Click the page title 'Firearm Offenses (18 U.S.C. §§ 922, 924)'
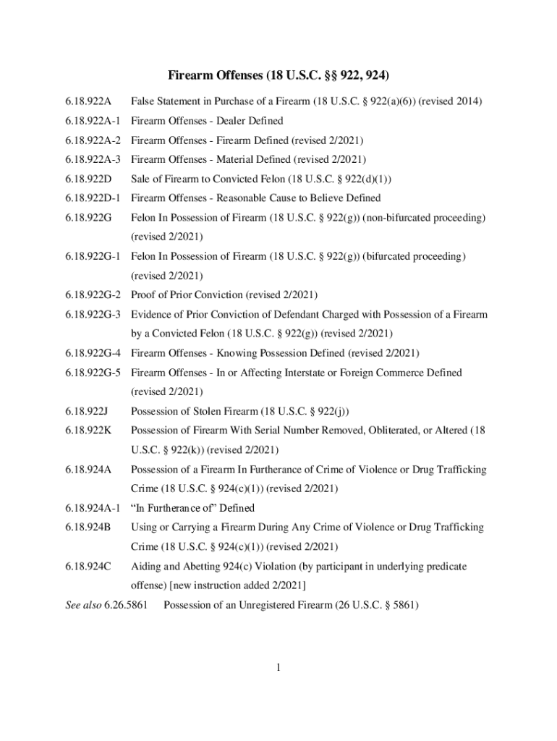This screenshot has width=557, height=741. (278, 75)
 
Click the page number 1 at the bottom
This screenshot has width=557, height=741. (278, 667)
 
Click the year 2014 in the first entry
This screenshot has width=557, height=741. (471, 101)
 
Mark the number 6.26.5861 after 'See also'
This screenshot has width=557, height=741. (129, 605)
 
